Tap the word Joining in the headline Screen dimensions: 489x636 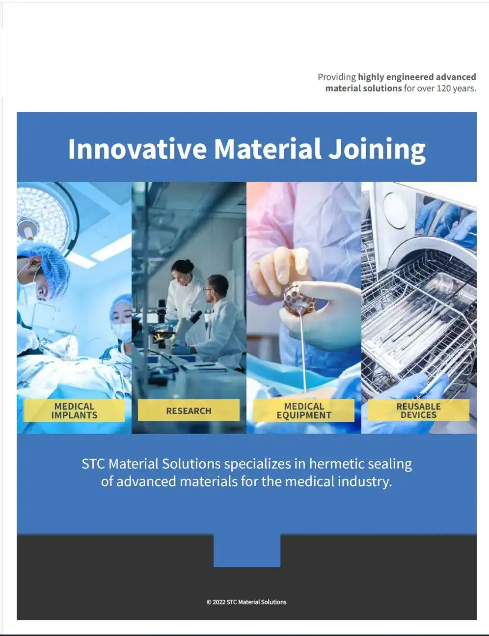(x=377, y=149)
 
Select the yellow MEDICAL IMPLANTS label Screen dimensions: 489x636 (x=74, y=411)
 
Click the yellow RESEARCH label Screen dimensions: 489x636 (x=189, y=411)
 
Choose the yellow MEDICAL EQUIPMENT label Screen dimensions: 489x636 (x=304, y=411)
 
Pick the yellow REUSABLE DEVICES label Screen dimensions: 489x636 (x=418, y=411)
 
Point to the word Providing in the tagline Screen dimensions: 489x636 (x=337, y=77)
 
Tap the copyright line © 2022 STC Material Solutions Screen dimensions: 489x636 (x=246, y=602)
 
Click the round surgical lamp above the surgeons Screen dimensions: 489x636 (x=44, y=217)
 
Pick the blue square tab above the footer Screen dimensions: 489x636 (x=247, y=551)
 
